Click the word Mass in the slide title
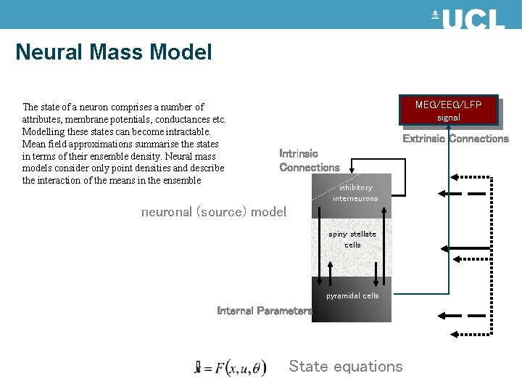[x=114, y=52]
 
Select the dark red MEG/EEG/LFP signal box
[x=448, y=110]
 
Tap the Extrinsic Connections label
[x=455, y=139]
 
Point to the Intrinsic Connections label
[x=309, y=160]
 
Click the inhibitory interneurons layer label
[x=355, y=193]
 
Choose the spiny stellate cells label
[x=352, y=240]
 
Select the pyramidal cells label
[x=352, y=296]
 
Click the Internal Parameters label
[x=264, y=311]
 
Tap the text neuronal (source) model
[x=213, y=212]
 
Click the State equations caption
[x=345, y=367]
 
